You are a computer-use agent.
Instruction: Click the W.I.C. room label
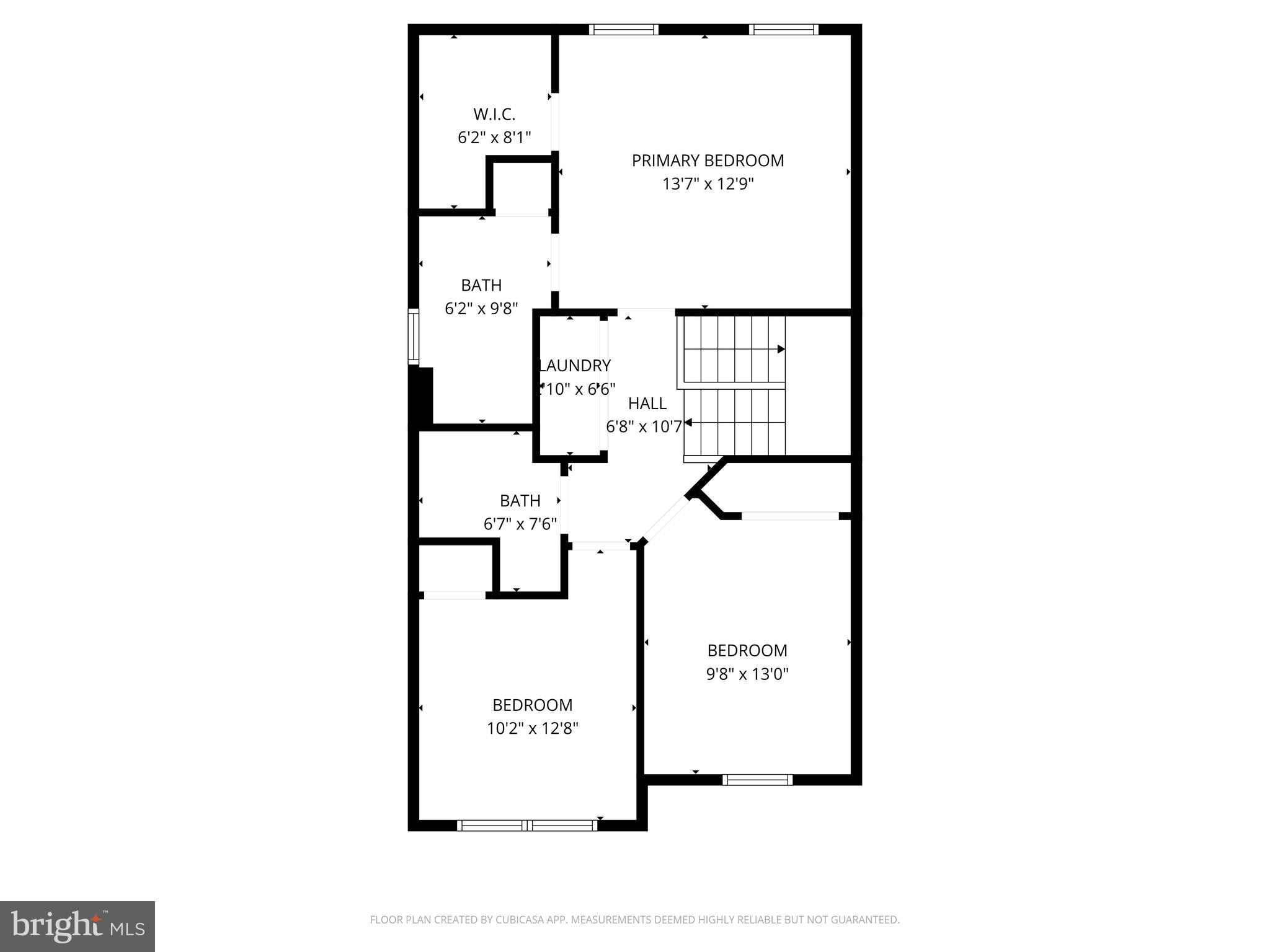(494, 115)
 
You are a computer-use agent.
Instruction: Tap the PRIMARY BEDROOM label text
(708, 161)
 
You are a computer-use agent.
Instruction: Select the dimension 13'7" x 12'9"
(708, 184)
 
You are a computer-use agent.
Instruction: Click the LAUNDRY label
(575, 366)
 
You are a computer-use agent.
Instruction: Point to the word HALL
(647, 403)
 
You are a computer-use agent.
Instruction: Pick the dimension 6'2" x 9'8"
(481, 309)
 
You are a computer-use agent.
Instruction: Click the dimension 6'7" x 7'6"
(520, 524)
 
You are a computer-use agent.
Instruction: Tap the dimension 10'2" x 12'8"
(532, 728)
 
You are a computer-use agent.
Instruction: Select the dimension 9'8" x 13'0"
(747, 674)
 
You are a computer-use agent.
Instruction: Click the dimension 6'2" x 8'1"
(494, 138)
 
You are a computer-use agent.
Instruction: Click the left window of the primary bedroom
(623, 29)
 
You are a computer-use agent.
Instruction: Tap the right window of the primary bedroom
(784, 29)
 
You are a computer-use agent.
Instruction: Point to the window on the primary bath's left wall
(413, 337)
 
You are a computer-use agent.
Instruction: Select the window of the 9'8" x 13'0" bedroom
(757, 780)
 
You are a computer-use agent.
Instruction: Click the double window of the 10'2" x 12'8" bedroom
(527, 825)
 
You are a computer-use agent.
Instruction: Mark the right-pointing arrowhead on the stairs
(781, 350)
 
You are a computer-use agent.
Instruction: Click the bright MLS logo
(78, 927)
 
